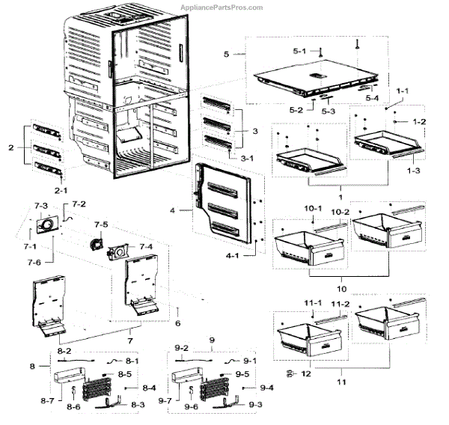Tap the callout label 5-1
299,51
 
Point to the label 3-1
247,159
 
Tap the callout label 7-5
101,224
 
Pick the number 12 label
305,372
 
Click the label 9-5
242,373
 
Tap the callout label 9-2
183,349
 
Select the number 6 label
177,323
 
